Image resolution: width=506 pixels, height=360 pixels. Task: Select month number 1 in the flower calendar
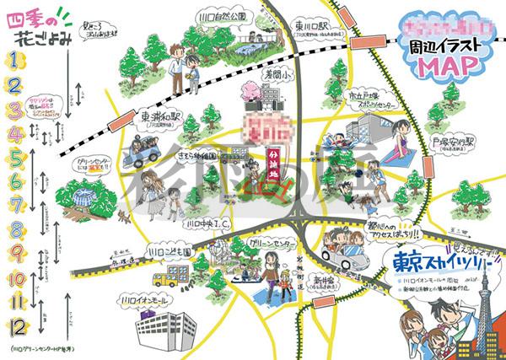click(14, 58)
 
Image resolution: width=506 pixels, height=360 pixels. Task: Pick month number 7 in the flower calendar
click(15, 204)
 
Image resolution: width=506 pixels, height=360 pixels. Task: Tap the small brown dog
click(124, 217)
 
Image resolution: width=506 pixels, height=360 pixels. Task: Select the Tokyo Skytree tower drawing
click(484, 320)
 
